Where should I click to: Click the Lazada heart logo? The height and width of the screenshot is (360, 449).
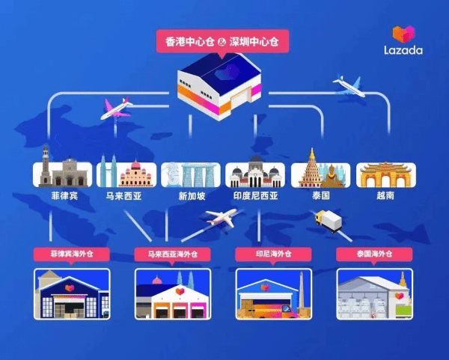coord(403,34)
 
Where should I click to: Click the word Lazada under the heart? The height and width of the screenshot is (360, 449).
coord(403,50)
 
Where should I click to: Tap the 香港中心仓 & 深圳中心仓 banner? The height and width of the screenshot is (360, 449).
coord(222,41)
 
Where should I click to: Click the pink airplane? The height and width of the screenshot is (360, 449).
coord(116,109)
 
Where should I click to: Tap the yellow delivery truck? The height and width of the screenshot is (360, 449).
coord(329,221)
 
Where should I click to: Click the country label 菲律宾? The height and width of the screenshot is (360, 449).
coord(64,196)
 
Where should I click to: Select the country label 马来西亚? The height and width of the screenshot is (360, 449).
coord(124,196)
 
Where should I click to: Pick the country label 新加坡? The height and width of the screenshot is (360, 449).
coord(192,196)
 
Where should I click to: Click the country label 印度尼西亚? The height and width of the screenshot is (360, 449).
coord(256,196)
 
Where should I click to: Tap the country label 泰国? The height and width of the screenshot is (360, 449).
coord(321,196)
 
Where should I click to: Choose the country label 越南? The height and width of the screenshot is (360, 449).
coord(385,196)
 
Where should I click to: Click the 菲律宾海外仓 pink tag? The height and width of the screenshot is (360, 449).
coord(72,254)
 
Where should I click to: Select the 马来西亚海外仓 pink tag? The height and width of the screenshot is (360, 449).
coord(173,254)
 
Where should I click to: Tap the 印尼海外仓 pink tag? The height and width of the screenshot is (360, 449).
coord(273,254)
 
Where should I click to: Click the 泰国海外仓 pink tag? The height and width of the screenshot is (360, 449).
coord(374,254)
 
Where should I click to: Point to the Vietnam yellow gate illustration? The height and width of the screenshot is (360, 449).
coord(385,174)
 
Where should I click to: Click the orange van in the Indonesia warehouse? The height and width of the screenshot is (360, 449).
coord(272,311)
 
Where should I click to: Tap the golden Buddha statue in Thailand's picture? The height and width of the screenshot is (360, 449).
coord(332,177)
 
